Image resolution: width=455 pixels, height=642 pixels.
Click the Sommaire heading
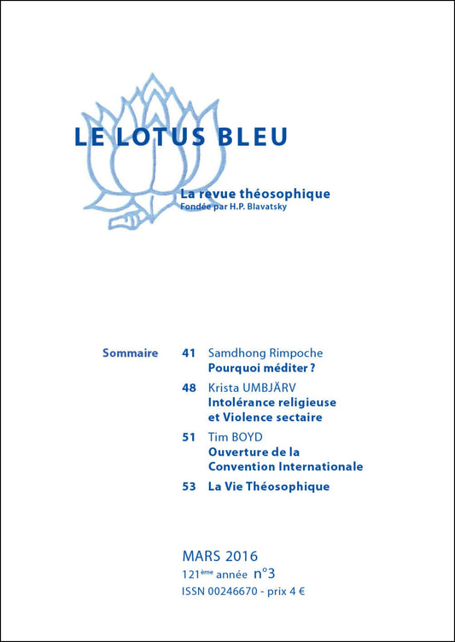coord(130,353)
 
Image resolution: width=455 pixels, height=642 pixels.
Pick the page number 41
coord(190,353)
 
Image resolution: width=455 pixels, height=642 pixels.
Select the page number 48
coord(190,387)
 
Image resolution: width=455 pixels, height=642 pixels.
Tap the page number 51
coord(190,436)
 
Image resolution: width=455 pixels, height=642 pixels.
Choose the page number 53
coord(190,487)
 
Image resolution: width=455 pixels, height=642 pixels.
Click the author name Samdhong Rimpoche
coord(265,353)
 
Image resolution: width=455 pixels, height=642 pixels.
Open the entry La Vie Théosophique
coord(269,487)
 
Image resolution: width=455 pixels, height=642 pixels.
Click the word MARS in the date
coord(201,557)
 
